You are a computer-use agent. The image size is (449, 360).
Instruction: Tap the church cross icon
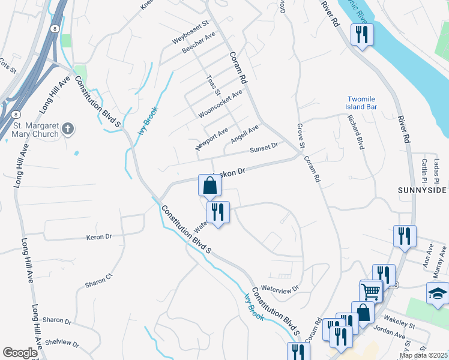point(68,128)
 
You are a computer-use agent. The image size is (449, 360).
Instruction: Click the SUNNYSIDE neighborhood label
point(423,190)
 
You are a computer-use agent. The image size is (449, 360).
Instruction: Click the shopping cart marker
point(372,292)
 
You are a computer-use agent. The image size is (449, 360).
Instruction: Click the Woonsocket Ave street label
point(221,104)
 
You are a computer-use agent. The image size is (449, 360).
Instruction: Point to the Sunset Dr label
point(264,146)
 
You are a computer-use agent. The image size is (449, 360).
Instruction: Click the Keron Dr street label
point(100,237)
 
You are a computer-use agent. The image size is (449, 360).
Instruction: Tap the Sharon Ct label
point(98,280)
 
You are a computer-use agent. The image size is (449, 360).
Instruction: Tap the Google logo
point(20,353)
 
